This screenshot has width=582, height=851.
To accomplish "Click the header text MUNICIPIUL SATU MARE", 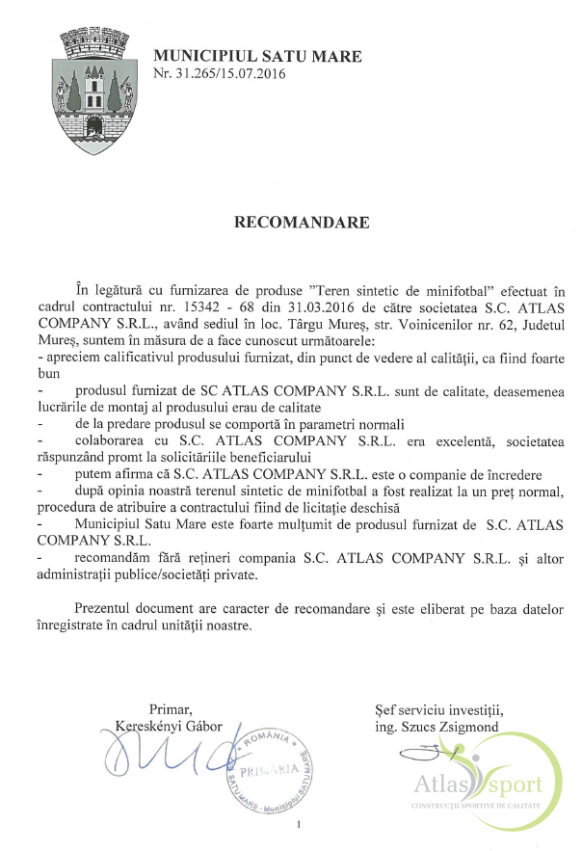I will (x=257, y=57).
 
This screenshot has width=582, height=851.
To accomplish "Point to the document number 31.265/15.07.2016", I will (x=229, y=73).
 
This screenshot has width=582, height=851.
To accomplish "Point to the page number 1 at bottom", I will (x=300, y=823).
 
